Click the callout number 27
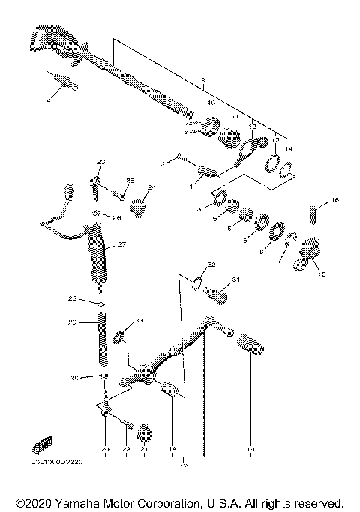pos(122,244)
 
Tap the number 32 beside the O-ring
pos(211,265)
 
